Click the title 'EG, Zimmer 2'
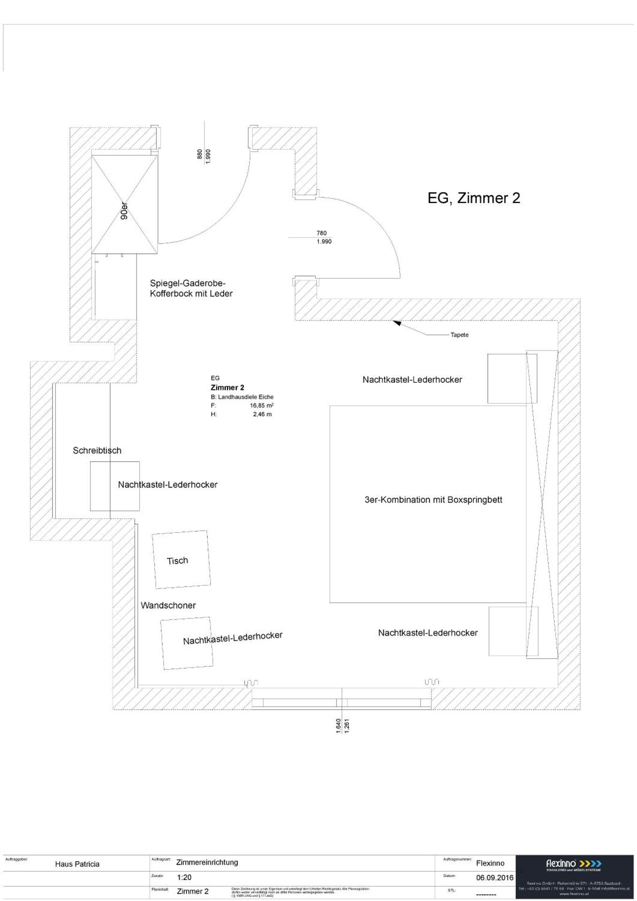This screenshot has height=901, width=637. coord(473,198)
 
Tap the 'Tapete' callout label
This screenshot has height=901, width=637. coord(459,335)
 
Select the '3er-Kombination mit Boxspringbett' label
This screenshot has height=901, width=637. coord(433,500)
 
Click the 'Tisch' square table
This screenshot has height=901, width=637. coord(181,559)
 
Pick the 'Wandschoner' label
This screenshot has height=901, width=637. coord(168,605)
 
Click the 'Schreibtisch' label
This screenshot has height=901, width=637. coord(97,450)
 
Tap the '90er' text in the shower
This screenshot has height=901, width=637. coord(124,211)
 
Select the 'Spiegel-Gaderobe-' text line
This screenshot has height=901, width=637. coord(188,283)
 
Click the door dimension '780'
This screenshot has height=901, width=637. coord(321,233)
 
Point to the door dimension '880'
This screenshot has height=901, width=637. coord(200,154)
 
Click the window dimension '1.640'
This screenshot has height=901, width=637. coord(338,725)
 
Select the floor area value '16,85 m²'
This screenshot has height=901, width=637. coord(261,405)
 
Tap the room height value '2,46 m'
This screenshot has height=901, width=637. coord(262,414)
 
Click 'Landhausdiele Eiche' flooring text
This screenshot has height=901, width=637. coord(245,397)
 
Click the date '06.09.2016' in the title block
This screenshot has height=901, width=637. coord(494,878)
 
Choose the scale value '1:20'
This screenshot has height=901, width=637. coord(184,877)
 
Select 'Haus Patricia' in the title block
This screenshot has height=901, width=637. coord(77,864)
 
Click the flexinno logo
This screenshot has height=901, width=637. coord(574,864)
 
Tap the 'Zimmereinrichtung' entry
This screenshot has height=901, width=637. coord(207,862)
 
